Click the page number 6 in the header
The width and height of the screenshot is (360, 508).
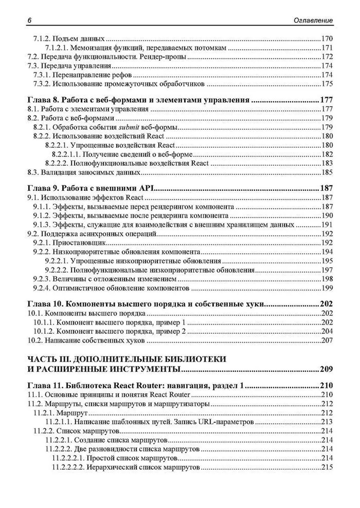point(29,20)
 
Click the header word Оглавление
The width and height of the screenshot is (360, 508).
point(313,20)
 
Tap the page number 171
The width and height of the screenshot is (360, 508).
point(327,48)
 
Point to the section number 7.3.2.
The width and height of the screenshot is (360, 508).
point(42,84)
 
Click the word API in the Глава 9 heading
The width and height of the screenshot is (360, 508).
point(147,188)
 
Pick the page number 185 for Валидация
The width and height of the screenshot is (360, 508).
point(327,173)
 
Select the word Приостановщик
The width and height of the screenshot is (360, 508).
point(79,243)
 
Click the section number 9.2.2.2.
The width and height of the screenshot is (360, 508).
point(56,270)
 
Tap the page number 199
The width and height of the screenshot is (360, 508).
point(327,288)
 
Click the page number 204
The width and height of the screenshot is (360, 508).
point(327,331)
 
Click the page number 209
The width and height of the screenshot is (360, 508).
point(326,369)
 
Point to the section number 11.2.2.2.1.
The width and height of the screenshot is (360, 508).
point(68,458)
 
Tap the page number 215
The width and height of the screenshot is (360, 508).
point(327,467)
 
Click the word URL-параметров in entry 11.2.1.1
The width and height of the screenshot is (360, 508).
point(226,422)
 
